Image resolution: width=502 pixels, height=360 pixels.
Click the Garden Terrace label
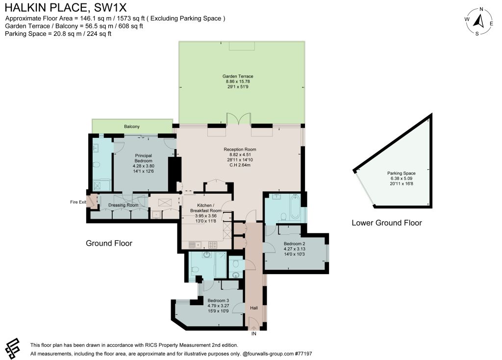[238, 76]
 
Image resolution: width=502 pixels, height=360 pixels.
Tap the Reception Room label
[240, 149]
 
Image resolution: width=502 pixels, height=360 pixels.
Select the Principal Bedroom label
[144, 158]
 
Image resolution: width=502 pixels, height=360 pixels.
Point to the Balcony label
[132, 127]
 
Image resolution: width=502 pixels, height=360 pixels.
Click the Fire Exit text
[78, 202]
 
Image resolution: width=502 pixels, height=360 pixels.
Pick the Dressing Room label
[123, 205]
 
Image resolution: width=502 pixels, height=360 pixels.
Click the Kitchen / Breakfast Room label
[205, 208]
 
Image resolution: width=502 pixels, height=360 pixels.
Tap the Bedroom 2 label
[294, 244]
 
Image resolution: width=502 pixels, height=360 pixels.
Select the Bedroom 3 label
[218, 301]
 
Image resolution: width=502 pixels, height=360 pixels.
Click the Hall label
[254, 308]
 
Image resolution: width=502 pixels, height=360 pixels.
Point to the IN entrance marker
[254, 334]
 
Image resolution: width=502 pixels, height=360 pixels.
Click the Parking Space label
[402, 173]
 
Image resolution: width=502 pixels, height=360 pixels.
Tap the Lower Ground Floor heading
[387, 223]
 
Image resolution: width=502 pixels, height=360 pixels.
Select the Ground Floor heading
[109, 243]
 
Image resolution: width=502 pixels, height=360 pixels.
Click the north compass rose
[479, 21]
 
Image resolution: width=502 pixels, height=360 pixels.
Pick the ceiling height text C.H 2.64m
[240, 165]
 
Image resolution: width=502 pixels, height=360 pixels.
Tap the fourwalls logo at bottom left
[12, 348]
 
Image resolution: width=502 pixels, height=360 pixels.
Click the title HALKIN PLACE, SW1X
[66, 7]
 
